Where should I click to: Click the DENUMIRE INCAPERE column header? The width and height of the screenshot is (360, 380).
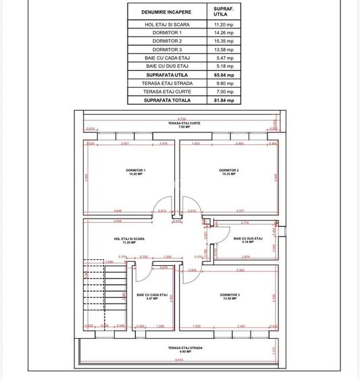[x=166, y=12]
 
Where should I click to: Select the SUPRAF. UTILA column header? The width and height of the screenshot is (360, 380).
[x=224, y=12]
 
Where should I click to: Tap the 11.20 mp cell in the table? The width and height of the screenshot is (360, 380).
[x=224, y=24]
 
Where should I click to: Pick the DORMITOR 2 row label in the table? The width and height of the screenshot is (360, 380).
[x=166, y=41]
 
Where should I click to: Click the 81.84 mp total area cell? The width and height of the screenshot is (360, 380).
[x=224, y=101]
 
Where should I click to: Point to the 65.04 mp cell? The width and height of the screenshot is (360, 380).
[x=224, y=75]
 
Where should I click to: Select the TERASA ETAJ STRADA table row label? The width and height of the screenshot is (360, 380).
[x=166, y=84]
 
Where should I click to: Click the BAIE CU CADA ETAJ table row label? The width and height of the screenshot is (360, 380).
[x=166, y=58]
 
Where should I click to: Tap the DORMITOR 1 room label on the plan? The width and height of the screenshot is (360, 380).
[x=136, y=172]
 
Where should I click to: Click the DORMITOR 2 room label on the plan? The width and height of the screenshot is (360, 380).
[x=229, y=172]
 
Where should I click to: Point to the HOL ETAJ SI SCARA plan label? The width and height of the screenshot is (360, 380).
[x=129, y=240]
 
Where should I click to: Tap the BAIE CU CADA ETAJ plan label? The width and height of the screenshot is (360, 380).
[x=147, y=296]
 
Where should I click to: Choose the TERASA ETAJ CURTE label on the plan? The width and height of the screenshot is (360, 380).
[x=180, y=126]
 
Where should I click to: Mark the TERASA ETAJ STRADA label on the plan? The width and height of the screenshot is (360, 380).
[x=180, y=350]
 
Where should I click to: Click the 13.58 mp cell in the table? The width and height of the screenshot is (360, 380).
[x=224, y=50]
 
